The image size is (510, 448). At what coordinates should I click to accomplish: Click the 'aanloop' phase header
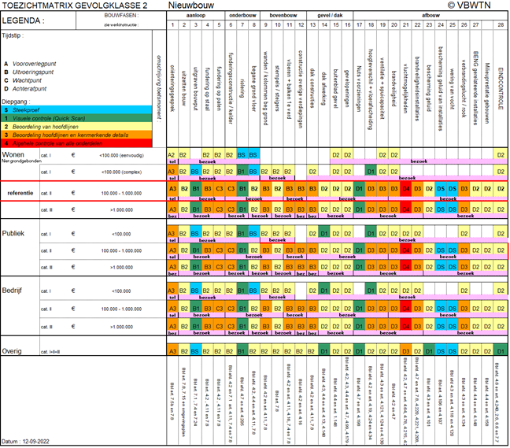click(195, 15)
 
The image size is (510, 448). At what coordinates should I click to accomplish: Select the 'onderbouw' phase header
click(242, 15)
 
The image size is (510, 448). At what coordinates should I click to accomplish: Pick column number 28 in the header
click(501, 25)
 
